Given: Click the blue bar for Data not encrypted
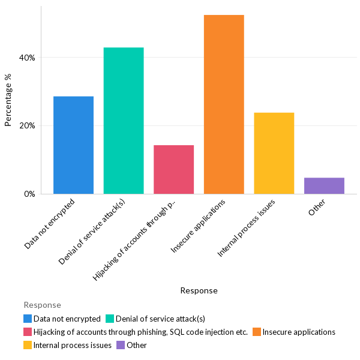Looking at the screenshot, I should [73, 145].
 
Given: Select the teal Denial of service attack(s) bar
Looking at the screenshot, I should [124, 121].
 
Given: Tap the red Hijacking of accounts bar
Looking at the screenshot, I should [173, 170].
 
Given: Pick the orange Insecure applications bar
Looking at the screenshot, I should [224, 104].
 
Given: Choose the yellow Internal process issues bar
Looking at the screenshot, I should [274, 153].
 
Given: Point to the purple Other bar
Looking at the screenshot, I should [324, 186].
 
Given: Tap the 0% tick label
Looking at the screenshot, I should [29, 194].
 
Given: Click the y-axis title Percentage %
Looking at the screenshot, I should [8, 100].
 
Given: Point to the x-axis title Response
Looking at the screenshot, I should [199, 290].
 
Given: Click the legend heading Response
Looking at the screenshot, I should [42, 305].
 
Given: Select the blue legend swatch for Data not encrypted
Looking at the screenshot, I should [28, 319].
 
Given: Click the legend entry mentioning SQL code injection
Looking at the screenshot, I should [140, 332].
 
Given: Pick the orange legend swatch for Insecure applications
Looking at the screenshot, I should [256, 332].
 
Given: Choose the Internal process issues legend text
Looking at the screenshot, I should [73, 345].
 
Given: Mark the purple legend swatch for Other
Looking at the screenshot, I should [121, 345].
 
